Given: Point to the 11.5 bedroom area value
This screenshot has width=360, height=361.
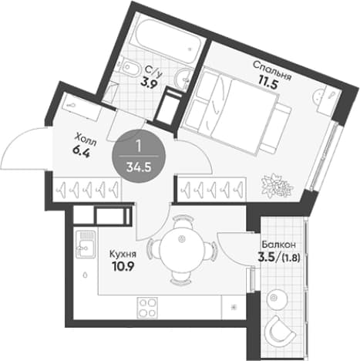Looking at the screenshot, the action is point(268,84).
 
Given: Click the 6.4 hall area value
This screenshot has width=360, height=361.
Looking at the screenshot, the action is point(81,153).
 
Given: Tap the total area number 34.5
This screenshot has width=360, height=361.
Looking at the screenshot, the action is point(139,167).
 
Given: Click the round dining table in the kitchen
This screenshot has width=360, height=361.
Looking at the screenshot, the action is point(182,248).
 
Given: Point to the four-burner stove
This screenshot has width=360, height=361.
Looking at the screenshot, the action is point(147,307).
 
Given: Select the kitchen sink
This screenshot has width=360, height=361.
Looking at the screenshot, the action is point(86,245).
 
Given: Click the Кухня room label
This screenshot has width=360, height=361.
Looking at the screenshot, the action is point(123,255).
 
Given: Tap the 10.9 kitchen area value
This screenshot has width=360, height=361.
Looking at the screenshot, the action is point(123,267).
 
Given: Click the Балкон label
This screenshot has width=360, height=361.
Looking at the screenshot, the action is point(279,244).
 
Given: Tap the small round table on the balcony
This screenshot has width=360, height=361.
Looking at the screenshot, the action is point(275,299).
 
